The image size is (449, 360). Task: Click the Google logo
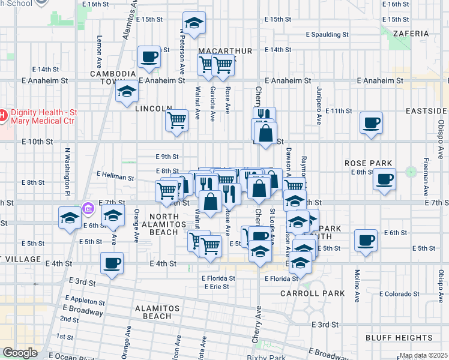pos(19,353)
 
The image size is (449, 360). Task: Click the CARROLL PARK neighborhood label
pos(313,293)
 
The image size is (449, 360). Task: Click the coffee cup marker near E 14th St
pos(149,58)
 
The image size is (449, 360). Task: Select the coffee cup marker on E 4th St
pos(112,263)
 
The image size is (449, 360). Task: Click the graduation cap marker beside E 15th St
pos(194,23)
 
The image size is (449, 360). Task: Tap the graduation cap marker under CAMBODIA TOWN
pos(127,92)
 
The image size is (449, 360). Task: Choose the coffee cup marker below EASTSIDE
pos(371,124)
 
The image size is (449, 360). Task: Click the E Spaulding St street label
pos(327,35)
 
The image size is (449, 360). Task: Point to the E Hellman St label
pos(115,176)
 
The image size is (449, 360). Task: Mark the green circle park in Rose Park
pos(411,172)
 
